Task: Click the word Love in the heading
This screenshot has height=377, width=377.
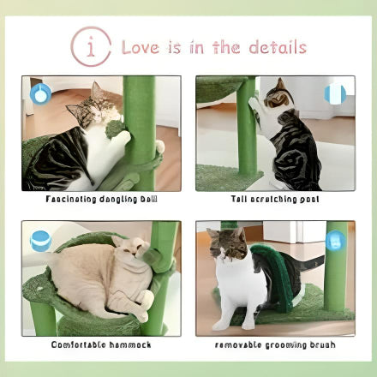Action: pyautogui.click(x=141, y=46)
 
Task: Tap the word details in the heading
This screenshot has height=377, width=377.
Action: pyautogui.click(x=277, y=46)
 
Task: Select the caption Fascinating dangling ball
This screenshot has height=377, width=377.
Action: pyautogui.click(x=101, y=199)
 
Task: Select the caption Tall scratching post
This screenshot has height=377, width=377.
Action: pyautogui.click(x=274, y=199)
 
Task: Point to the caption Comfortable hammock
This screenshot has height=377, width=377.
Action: pyautogui.click(x=101, y=345)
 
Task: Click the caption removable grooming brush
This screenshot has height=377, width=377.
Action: pyautogui.click(x=275, y=345)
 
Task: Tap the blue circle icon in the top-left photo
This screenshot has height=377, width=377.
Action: pyautogui.click(x=40, y=93)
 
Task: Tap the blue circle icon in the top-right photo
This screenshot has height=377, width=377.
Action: pyautogui.click(x=336, y=93)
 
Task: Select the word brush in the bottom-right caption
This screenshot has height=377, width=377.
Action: pyautogui.click(x=319, y=345)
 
